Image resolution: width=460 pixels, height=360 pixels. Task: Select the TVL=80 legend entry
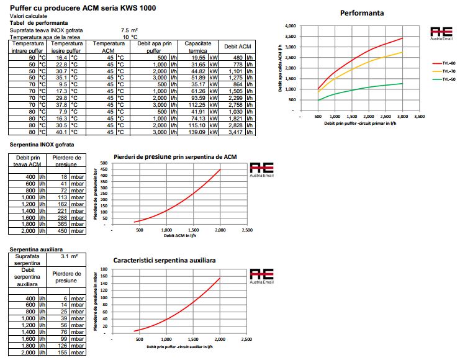pyautogui.click(x=446, y=63)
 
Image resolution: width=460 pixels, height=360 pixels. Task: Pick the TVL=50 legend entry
pyautogui.click(x=446, y=79)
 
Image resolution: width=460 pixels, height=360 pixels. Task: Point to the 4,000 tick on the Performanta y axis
pyautogui.click(x=291, y=27)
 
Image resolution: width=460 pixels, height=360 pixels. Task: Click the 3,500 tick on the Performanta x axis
pyautogui.click(x=419, y=116)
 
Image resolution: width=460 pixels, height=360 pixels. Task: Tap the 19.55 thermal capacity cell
pyautogui.click(x=198, y=58)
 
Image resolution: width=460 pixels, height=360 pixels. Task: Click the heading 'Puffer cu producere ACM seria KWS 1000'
pyautogui.click(x=83, y=8)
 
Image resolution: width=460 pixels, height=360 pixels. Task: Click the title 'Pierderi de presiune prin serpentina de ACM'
pyautogui.click(x=176, y=156)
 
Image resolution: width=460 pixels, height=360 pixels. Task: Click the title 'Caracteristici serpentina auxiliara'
pyautogui.click(x=165, y=261)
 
